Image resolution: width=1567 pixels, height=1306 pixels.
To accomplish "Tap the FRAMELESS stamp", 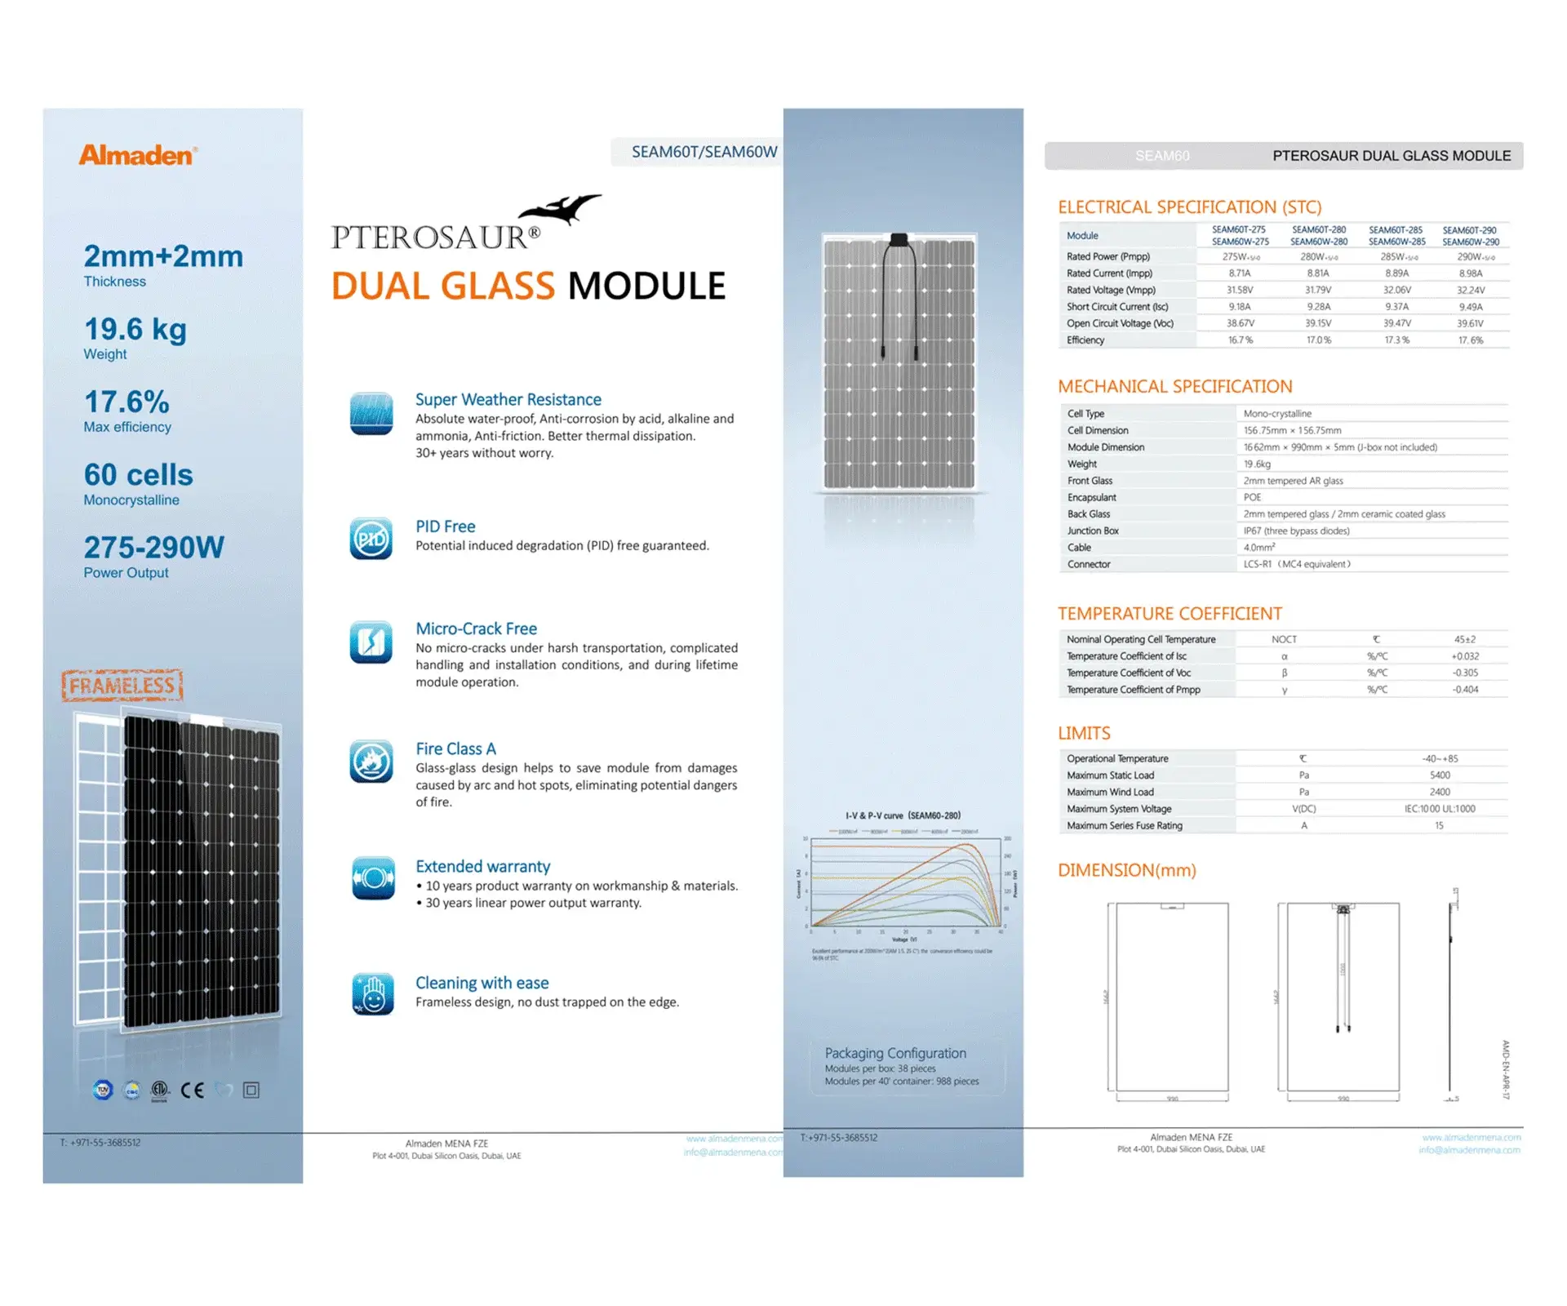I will (x=122, y=686).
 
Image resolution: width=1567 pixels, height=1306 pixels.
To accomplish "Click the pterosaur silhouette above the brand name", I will (x=562, y=209).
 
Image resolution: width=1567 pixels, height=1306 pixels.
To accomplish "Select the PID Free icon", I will (x=371, y=539).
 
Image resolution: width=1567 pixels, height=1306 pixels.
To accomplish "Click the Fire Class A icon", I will (x=371, y=762).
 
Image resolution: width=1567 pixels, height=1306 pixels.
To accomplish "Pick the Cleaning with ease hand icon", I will (x=373, y=994).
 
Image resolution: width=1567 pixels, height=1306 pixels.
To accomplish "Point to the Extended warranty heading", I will (x=482, y=866).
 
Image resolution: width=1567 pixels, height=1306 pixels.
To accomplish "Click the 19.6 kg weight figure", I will (x=135, y=329).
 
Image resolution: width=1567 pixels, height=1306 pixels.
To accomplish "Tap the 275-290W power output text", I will (x=153, y=547).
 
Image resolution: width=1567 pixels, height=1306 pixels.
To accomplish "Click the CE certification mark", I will (x=193, y=1090).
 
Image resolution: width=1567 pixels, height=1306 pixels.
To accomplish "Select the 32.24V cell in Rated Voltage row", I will (x=1471, y=290).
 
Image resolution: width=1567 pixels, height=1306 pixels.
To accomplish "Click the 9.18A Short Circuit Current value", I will (x=1240, y=307).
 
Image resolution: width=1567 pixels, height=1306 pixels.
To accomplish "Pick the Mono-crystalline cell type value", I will (x=1277, y=414).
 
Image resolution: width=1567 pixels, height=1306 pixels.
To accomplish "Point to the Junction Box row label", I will (x=1093, y=531).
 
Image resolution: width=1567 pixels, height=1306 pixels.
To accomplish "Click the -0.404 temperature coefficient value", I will (x=1465, y=690).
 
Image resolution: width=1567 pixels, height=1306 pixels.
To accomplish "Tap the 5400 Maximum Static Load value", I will (x=1440, y=775).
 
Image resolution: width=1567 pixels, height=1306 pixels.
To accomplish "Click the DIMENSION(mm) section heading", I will (x=1127, y=870).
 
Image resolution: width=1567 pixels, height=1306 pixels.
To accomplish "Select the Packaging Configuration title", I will (x=895, y=1053).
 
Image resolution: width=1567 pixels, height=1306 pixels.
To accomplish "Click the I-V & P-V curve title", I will (x=903, y=815).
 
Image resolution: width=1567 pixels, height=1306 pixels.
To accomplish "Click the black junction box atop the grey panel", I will (x=899, y=240).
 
